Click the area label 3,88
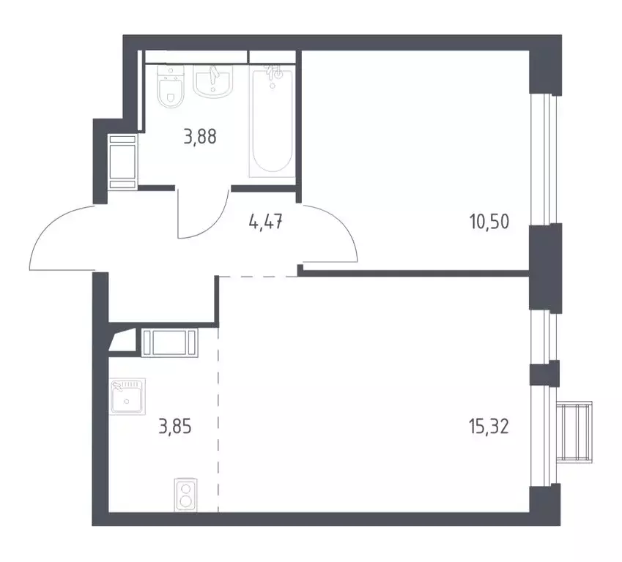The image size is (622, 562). pyautogui.click(x=200, y=137)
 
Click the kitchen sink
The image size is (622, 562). pyautogui.click(x=127, y=397)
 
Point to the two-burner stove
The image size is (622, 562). pyautogui.click(x=186, y=495)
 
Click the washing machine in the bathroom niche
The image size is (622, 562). pyautogui.click(x=122, y=162)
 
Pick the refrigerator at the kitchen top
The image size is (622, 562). pyautogui.click(x=170, y=342)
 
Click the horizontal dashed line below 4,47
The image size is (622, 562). pyautogui.click(x=257, y=277)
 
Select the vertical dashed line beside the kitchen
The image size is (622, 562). pyautogui.click(x=218, y=417)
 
